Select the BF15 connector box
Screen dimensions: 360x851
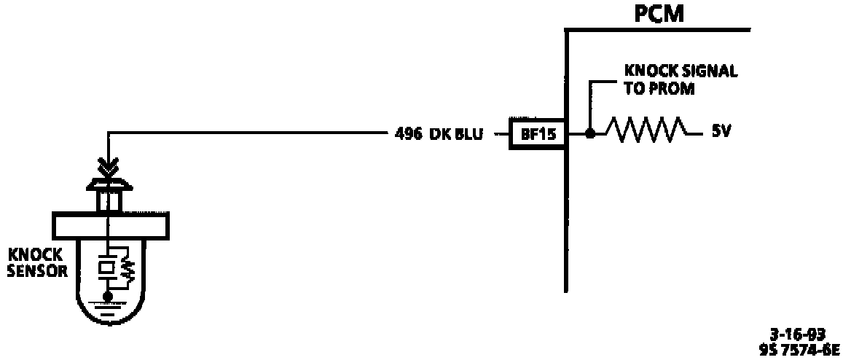coord(537,134)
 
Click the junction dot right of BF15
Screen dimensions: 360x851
coord(591,134)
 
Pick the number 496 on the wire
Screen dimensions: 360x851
coord(408,134)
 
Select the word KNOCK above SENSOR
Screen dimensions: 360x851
coord(35,255)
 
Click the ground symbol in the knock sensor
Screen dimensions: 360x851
coord(107,310)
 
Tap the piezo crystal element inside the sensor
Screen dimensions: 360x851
coord(107,267)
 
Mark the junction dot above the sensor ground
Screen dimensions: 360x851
coord(107,296)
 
